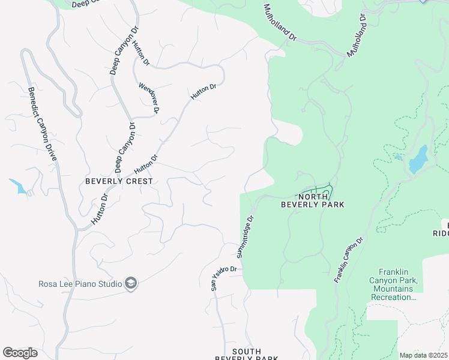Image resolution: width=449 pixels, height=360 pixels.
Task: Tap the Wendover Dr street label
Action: (148, 98)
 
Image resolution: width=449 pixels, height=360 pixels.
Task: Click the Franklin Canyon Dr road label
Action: (349, 260)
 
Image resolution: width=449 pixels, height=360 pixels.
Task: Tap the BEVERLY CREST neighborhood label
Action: (119, 181)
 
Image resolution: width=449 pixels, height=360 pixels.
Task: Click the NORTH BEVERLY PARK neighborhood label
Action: (313, 200)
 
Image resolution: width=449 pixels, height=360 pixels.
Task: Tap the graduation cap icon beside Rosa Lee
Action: (131, 283)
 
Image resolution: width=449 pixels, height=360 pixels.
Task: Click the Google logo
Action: (20, 353)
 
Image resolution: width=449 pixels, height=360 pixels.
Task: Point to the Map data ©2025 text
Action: (423, 355)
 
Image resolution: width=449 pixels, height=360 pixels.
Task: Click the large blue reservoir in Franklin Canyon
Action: (418, 159)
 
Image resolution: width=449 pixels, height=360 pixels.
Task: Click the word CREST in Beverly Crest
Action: (139, 181)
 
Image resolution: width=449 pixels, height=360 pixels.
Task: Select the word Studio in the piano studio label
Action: (109, 284)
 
